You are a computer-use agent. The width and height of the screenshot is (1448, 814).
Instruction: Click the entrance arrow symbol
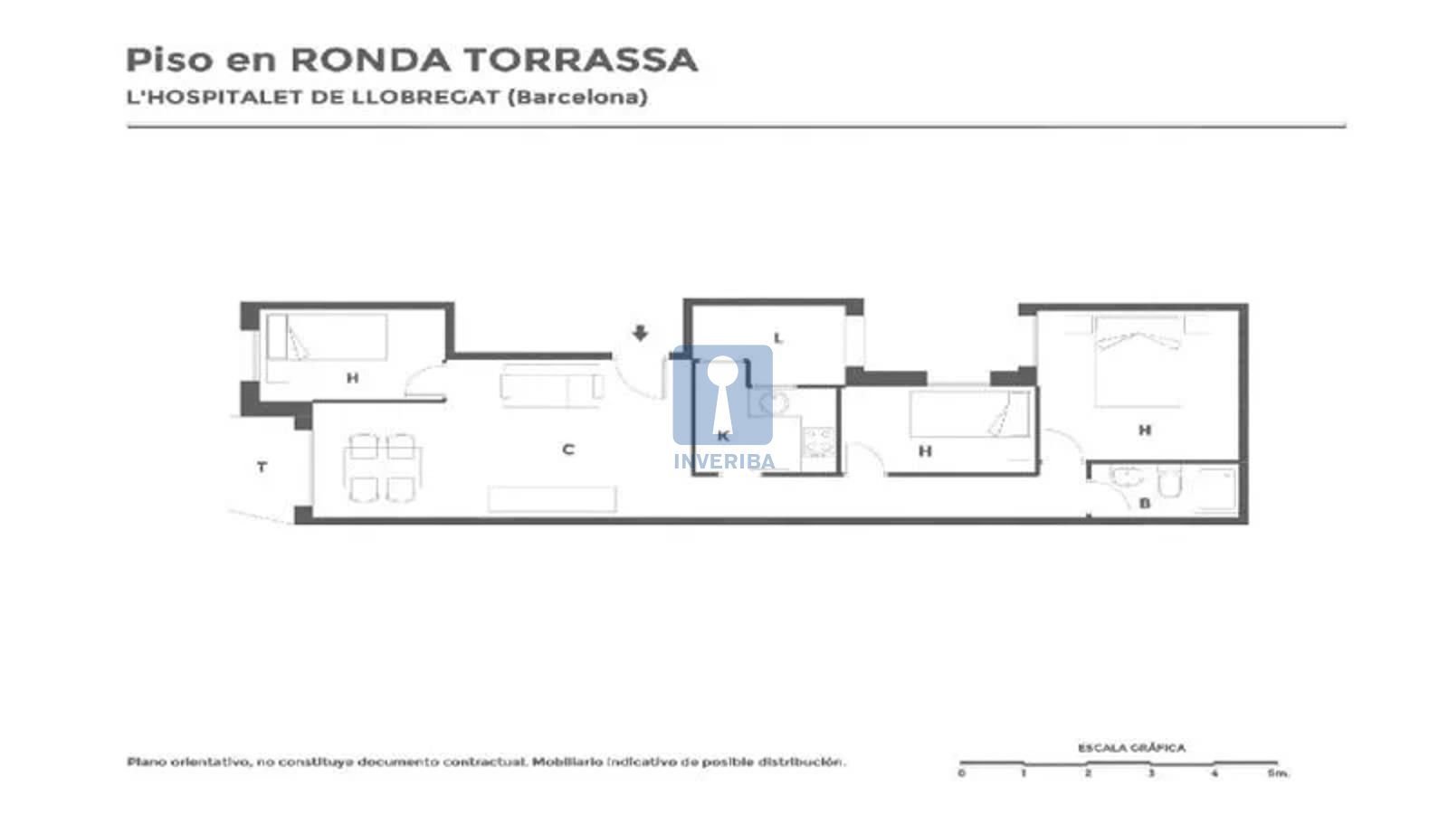click(x=640, y=333)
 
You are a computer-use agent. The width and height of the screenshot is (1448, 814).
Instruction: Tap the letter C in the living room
click(x=568, y=449)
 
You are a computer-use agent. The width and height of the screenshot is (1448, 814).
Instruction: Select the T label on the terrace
click(x=262, y=467)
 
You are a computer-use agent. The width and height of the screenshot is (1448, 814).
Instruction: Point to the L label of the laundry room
click(x=778, y=338)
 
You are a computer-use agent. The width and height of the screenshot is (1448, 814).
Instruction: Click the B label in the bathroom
click(x=1144, y=503)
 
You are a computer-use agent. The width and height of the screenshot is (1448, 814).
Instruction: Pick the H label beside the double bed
click(x=1145, y=430)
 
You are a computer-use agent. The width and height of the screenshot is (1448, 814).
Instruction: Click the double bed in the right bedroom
click(x=1138, y=361)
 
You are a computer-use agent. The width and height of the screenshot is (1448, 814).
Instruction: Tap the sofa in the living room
click(x=551, y=386)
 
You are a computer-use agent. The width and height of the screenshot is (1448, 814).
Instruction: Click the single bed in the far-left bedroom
click(x=327, y=336)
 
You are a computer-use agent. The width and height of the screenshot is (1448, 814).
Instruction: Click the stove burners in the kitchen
click(x=818, y=442)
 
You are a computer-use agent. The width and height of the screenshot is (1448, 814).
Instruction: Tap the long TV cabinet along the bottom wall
click(x=552, y=499)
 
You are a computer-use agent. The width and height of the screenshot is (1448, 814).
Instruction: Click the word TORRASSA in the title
click(x=581, y=60)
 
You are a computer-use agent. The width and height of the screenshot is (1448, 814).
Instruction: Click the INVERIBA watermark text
click(x=724, y=461)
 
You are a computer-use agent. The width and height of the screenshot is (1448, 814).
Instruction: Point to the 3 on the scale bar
click(x=1150, y=773)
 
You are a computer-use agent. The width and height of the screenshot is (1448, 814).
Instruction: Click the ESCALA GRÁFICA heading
click(x=1132, y=747)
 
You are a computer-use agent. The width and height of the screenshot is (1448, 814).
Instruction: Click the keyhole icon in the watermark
click(x=722, y=394)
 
